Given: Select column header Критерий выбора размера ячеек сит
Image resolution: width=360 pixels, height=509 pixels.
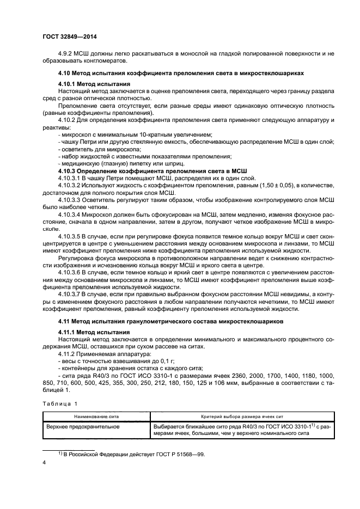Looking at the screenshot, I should point(240,415).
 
